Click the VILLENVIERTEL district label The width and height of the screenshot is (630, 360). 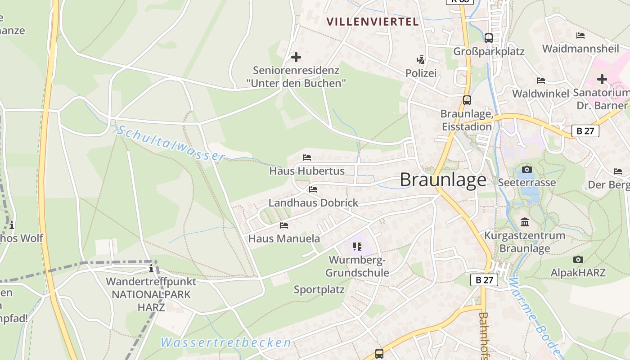tap(373, 22)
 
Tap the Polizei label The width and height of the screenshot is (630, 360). tap(421, 73)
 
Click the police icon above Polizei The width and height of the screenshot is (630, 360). tap(421, 59)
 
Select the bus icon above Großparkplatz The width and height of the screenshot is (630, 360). tap(489, 38)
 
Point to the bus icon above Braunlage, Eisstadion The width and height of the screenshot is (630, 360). tap(467, 100)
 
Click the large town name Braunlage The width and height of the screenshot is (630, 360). tap(443, 180)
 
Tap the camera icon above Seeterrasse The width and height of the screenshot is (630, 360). tap(526, 170)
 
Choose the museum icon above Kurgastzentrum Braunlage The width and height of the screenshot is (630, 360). tap(525, 222)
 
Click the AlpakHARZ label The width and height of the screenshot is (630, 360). tap(578, 272)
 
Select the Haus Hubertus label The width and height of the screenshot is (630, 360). tap(307, 171)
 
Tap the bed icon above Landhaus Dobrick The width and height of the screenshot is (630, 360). tap(313, 189)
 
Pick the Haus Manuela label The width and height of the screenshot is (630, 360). tap(284, 238)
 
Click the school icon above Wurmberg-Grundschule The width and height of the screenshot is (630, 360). tap(357, 246)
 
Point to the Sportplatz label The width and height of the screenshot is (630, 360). tap(319, 289)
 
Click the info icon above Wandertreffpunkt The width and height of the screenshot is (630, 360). tap(151, 269)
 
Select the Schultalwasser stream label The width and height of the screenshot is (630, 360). tap(171, 143)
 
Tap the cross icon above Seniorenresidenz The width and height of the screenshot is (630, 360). tap(296, 57)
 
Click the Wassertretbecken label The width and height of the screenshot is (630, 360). tap(226, 342)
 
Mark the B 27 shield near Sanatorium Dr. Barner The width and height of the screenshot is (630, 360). tap(585, 131)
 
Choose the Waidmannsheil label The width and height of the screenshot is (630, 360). tap(580, 49)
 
